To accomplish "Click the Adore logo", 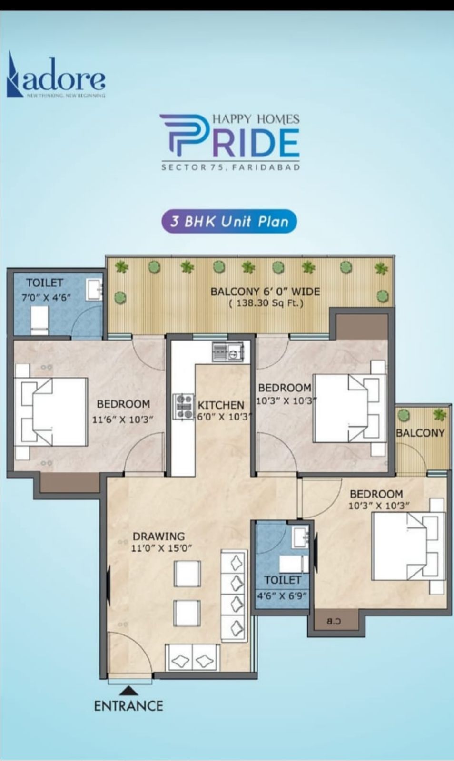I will (56, 76).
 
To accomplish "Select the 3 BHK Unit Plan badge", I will (229, 221).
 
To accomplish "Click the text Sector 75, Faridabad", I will (230, 167).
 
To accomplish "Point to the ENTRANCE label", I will (128, 706).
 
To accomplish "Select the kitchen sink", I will (227, 353).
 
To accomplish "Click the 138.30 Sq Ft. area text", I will (266, 303).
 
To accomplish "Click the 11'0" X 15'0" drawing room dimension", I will (162, 548).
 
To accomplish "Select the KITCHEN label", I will (221, 405).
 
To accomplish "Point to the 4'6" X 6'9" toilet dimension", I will (282, 595).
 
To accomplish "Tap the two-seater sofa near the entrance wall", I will (192, 659).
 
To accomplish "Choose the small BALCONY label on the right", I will (420, 433).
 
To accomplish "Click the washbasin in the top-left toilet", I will (94, 289).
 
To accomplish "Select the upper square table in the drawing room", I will (187, 574).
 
